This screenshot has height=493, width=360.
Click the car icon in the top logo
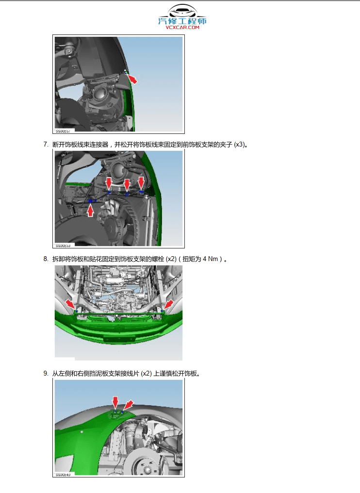182,12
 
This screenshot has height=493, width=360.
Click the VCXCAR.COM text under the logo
182,28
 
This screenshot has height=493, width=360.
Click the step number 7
46,144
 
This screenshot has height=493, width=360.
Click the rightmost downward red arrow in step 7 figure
141,183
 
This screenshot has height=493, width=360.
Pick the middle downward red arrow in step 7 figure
127,185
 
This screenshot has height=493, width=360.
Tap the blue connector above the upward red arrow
91,200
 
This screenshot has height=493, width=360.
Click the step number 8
46,259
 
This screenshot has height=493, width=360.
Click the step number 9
46,374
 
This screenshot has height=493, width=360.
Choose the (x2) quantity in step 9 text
146,374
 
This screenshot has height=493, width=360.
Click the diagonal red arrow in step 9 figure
128,405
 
